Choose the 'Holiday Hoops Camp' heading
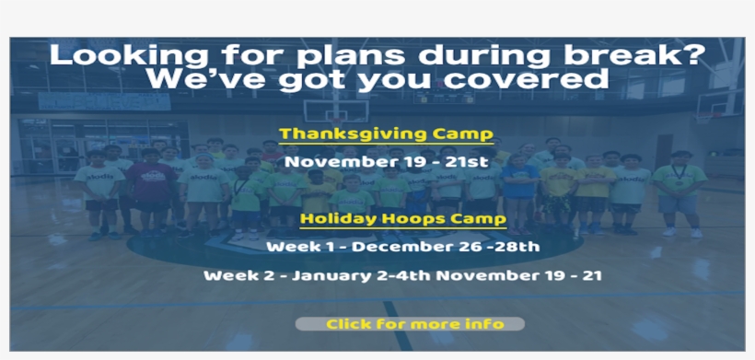coord(402,219)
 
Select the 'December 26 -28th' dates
coord(446,247)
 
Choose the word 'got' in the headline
coord(308,81)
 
